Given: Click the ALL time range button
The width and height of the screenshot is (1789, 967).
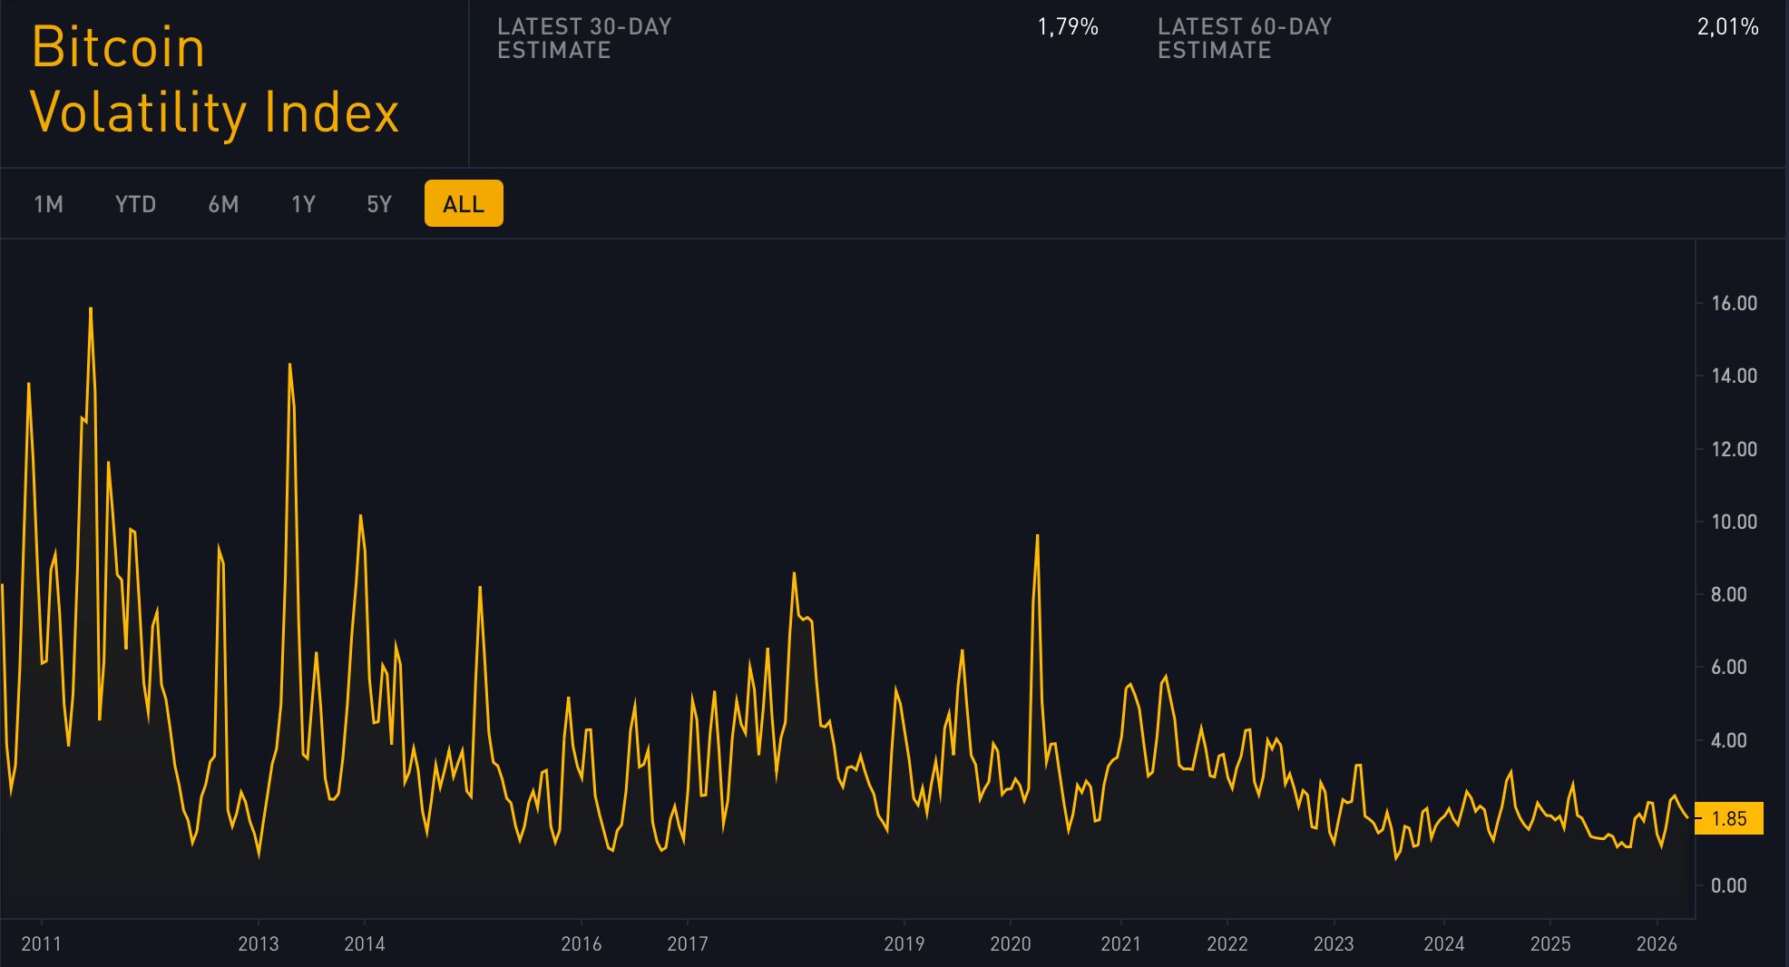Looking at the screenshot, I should point(464,204).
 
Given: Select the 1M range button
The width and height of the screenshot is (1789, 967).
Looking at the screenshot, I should point(48,204).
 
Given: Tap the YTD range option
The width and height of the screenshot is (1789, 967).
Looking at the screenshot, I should point(135,204).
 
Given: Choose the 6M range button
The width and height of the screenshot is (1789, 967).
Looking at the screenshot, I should point(223,204).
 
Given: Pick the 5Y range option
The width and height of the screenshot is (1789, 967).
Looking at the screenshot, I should point(379,204).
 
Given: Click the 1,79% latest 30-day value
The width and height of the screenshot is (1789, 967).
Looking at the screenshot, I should point(1068,27).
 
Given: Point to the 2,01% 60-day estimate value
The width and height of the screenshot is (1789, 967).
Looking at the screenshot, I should point(1727,27).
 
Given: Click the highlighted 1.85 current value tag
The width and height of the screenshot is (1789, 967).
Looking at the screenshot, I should point(1729,818).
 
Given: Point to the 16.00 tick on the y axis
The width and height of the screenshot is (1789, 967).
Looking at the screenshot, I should point(1734,304).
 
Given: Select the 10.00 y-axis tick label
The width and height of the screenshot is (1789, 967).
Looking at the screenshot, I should point(1734,522).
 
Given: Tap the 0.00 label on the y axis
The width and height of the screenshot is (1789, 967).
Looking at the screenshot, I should point(1728,885).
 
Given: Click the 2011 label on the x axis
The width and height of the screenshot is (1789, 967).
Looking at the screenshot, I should point(41,943).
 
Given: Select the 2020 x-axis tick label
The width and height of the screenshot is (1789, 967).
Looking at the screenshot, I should point(1011,943).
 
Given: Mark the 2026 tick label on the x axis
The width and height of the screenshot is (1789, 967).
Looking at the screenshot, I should point(1657,943).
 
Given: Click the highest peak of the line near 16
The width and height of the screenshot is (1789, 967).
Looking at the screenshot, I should point(91,309).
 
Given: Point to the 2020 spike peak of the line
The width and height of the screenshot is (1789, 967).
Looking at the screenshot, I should point(1037,536).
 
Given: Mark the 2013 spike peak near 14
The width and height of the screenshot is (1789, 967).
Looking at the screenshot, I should point(289,366).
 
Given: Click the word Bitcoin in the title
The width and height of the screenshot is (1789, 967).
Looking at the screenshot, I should point(119,47).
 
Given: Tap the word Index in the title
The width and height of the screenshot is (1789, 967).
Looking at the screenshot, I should point(331,112).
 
